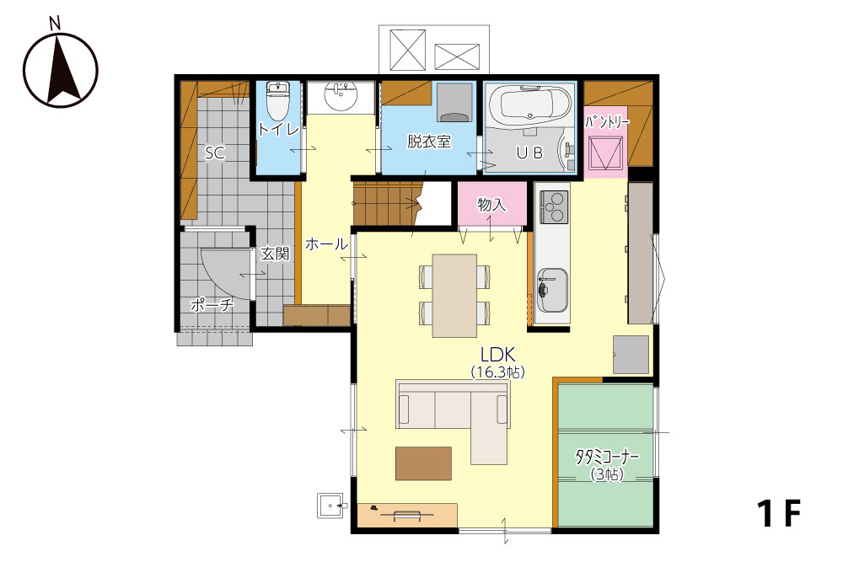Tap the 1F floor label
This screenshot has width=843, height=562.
point(779,514)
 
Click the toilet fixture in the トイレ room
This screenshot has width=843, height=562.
point(277,100)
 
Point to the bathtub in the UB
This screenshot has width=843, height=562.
point(530,104)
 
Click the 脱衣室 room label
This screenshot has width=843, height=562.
point(428,142)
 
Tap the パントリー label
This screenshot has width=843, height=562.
point(607,122)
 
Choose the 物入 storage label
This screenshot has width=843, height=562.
point(491,204)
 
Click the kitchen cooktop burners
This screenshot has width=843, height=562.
point(554,207)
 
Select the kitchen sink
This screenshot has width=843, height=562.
point(552,290)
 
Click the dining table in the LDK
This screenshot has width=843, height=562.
point(454,296)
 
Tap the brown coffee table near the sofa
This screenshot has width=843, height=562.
point(424,463)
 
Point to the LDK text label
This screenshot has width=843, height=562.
point(498,355)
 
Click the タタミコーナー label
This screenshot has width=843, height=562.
point(607,458)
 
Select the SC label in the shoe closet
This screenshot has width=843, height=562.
point(214,153)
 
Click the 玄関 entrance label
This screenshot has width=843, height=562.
point(275,254)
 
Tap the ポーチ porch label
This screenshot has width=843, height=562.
point(212,305)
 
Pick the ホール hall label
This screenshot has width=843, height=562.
point(326,244)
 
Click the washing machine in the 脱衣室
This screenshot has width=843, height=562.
point(454,102)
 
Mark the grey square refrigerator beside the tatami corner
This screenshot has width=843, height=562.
point(631,355)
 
